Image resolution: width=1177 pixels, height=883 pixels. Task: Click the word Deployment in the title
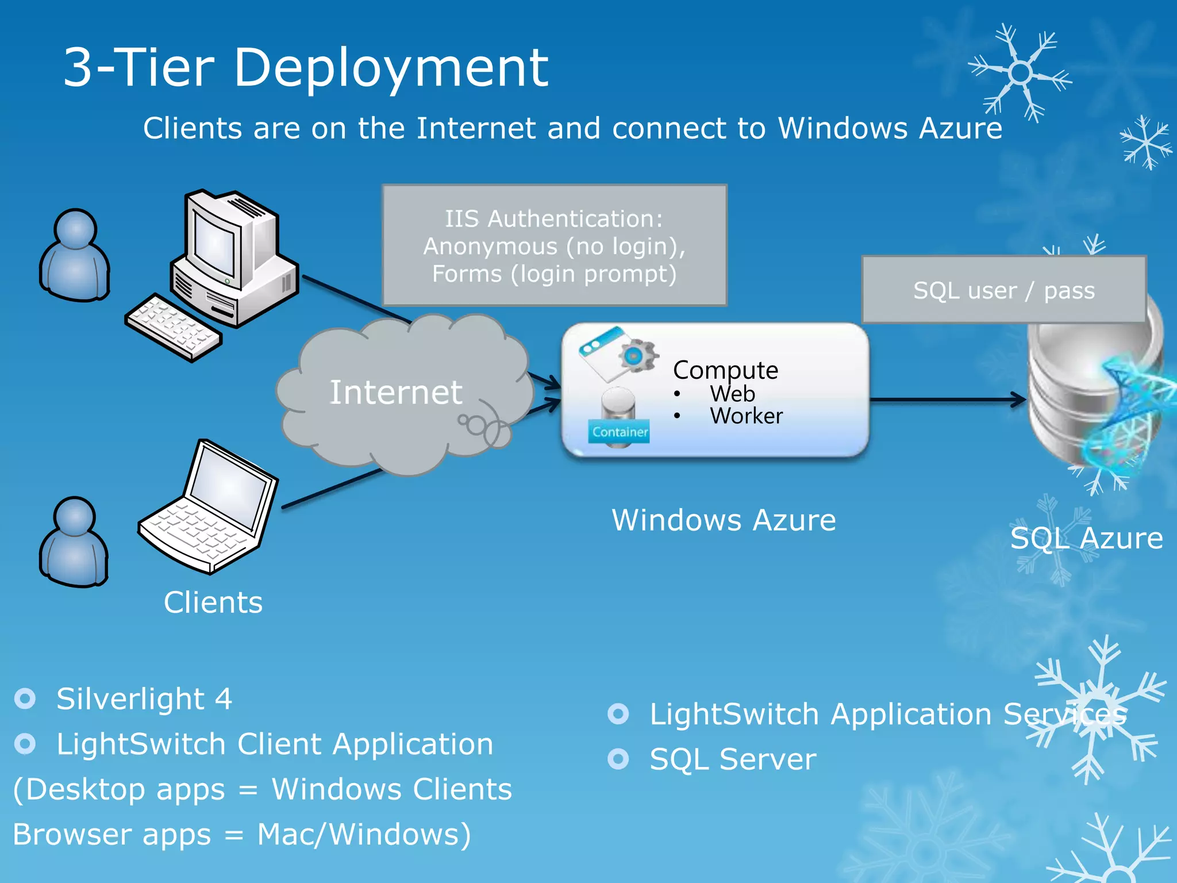(x=391, y=68)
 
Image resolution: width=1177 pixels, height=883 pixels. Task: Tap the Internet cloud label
(x=395, y=393)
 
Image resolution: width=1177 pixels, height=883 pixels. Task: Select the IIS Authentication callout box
(x=554, y=245)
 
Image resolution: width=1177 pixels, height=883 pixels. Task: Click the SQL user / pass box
(x=1003, y=290)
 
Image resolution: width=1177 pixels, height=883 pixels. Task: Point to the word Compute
(x=725, y=370)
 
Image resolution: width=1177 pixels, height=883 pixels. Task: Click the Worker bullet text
(x=746, y=416)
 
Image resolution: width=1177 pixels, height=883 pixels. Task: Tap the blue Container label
(x=619, y=432)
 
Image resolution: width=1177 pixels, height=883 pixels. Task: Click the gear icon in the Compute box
(x=637, y=356)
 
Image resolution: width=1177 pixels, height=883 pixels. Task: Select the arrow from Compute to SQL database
(x=948, y=399)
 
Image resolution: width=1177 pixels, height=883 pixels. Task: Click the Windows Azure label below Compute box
(x=723, y=520)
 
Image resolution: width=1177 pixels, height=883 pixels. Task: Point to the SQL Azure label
(x=1086, y=539)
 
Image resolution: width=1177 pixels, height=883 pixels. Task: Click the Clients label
(x=213, y=602)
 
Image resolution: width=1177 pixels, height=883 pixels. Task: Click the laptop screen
(x=228, y=488)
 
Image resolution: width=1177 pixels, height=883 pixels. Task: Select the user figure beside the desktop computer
(x=75, y=256)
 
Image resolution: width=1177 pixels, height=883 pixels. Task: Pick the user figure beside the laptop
(x=74, y=542)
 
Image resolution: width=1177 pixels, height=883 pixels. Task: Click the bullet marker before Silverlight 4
(x=25, y=698)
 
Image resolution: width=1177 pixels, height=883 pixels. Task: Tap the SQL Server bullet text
(x=732, y=759)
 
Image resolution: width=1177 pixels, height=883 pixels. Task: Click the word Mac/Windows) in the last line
(x=363, y=834)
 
